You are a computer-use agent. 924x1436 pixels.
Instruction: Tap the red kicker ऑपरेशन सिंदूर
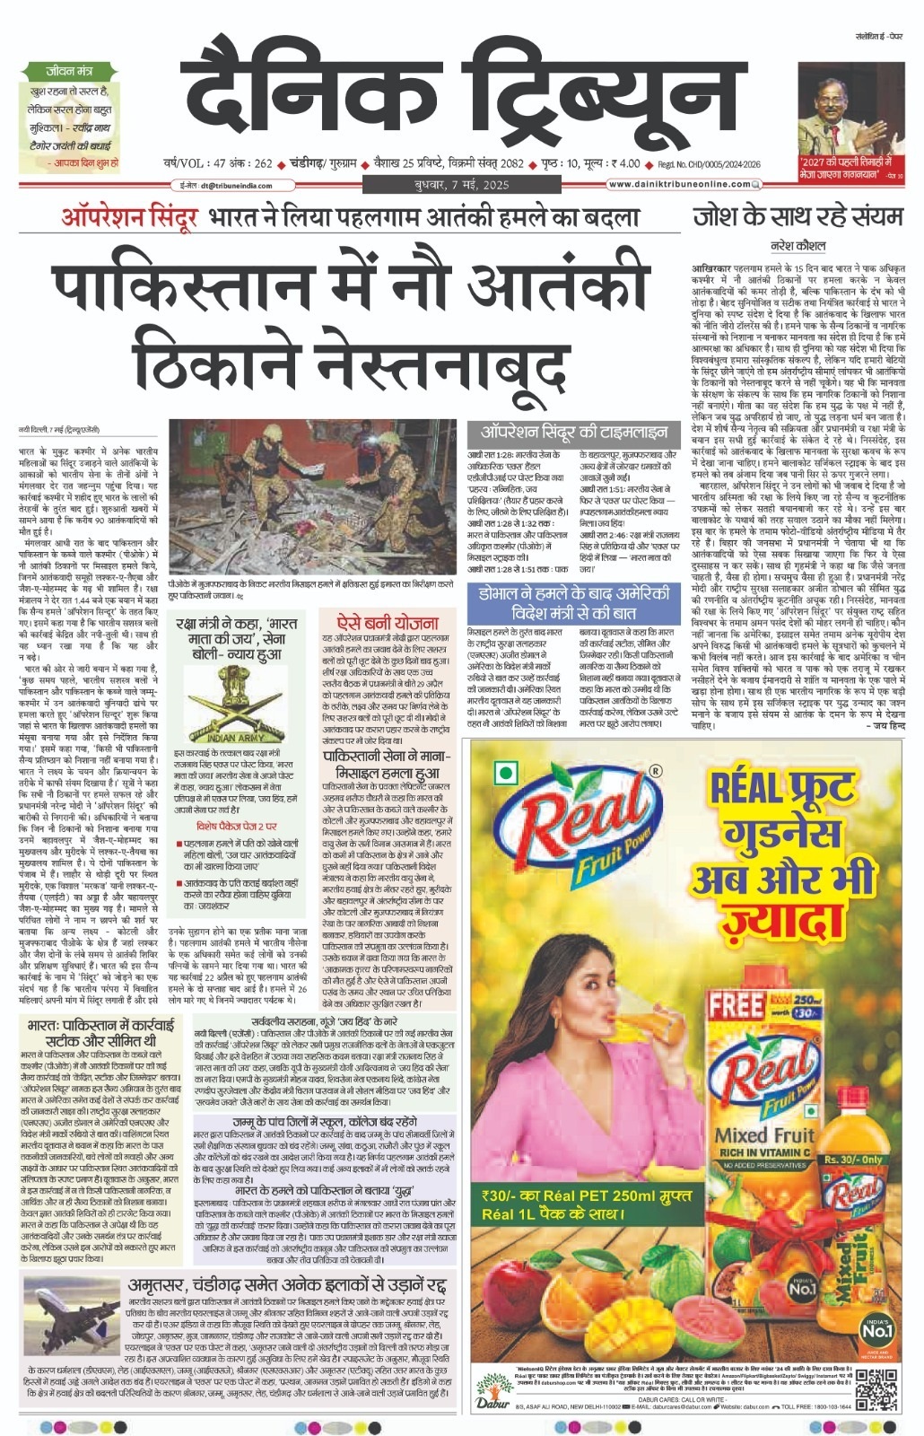coord(128,218)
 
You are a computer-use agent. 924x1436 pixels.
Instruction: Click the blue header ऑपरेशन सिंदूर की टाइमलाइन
coord(568,430)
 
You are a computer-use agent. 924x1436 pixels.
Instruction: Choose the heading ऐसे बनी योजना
coord(387,622)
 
